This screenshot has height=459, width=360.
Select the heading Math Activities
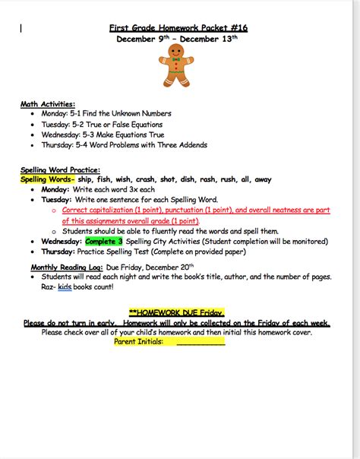pos(48,103)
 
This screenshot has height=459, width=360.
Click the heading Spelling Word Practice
pos(61,169)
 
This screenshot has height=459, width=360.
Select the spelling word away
pos(262,179)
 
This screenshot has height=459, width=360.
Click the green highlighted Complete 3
pos(104,241)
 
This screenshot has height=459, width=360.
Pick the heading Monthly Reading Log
pos(65,267)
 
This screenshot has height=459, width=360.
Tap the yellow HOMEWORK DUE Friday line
pos(179,312)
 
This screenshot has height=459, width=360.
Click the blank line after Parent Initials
pos(201,342)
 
